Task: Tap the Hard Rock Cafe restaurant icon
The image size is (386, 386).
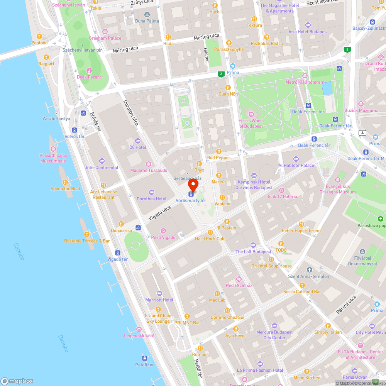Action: [210, 232]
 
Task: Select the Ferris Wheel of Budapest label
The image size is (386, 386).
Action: [251, 124]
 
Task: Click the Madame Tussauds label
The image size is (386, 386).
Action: [149, 171]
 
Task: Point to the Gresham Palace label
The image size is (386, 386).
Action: [105, 38]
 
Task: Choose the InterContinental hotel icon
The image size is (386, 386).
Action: [102, 161]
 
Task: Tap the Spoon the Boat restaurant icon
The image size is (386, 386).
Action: [65, 182]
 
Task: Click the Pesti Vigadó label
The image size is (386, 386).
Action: [163, 237]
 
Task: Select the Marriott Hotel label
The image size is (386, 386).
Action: [159, 300]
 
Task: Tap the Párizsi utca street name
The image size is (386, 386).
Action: [346, 305]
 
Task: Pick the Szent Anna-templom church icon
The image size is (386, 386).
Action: [309, 270]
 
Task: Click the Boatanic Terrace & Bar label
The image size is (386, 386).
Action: [87, 241]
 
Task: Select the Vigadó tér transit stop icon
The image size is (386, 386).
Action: [117, 252]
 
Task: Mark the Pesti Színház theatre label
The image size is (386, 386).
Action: [239, 286]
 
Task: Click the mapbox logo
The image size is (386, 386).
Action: [17, 381]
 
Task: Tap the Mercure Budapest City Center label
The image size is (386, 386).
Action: [274, 335]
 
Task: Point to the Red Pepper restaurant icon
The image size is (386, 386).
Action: [219, 151]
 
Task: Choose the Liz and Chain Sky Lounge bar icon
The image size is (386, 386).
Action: [158, 309]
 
